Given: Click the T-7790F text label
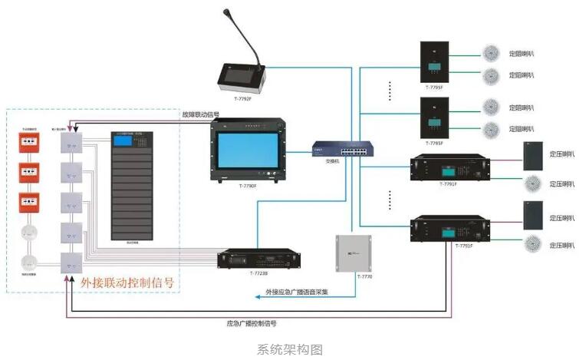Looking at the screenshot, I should pos(247,187).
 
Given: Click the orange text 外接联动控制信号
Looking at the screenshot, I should pos(127,282).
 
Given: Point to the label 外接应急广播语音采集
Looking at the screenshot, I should pos(297,292).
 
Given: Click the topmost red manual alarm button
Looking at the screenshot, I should pos(31,142).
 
